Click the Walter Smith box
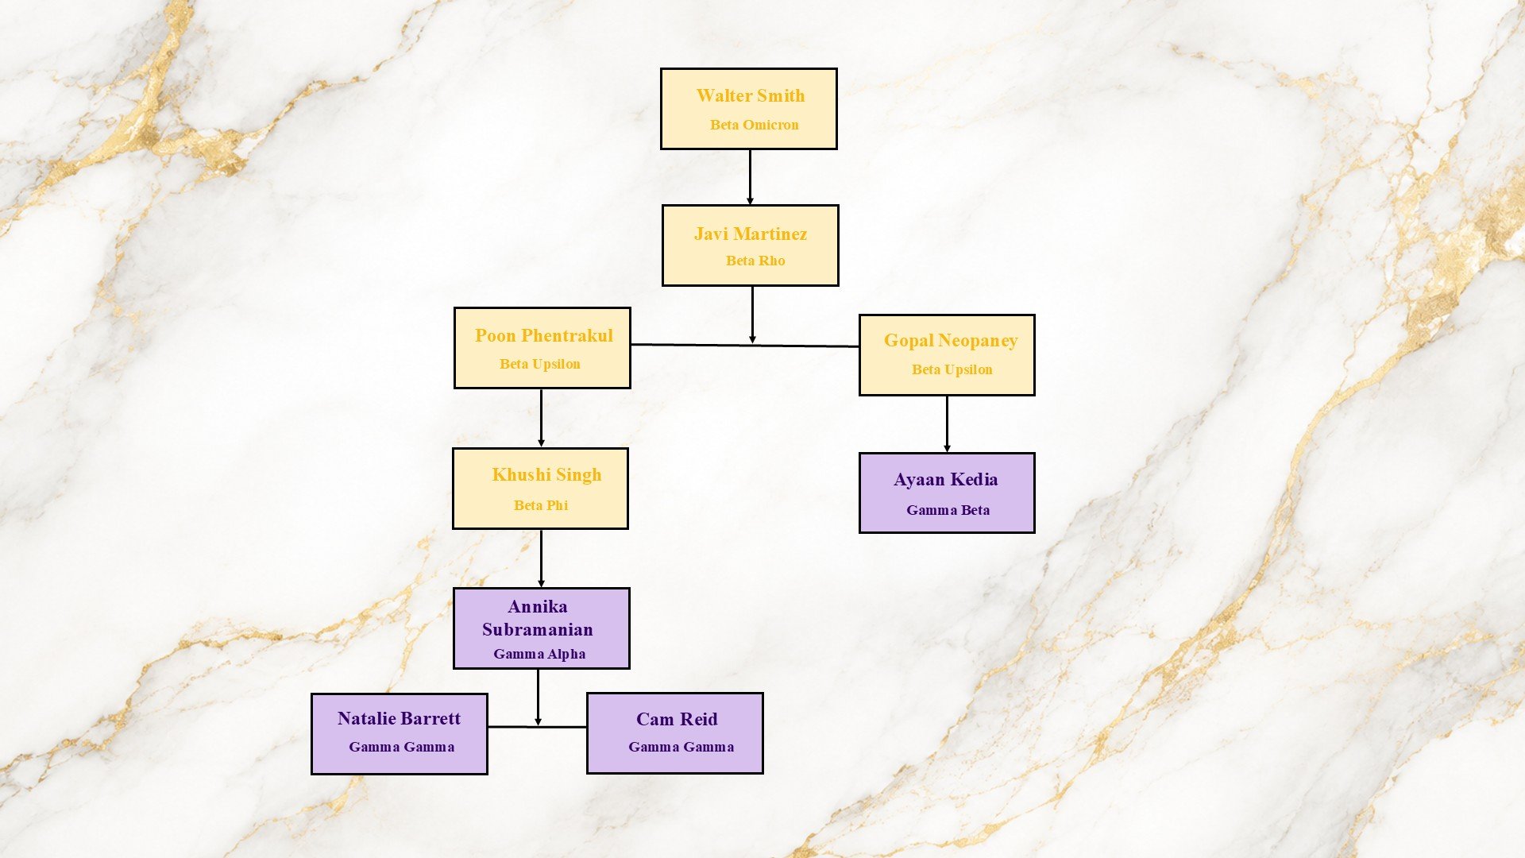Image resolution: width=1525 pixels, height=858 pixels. tap(749, 109)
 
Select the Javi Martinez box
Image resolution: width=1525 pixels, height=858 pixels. tap(751, 245)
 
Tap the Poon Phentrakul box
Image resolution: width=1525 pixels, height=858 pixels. tap(542, 348)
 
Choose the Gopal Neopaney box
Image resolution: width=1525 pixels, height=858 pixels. tap(947, 355)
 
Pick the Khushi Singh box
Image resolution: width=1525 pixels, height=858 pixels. tap(540, 489)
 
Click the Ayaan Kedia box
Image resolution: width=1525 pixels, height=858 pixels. tap(947, 493)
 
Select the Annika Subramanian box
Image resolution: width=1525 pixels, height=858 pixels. tap(542, 628)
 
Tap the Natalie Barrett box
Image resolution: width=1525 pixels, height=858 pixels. tap(400, 734)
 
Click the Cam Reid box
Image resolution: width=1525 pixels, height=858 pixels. tap(675, 733)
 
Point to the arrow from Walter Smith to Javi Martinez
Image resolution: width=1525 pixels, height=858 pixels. tap(750, 177)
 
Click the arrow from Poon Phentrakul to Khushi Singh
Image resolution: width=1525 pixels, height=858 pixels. tap(541, 418)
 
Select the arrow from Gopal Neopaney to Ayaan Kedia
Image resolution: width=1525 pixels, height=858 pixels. tap(947, 424)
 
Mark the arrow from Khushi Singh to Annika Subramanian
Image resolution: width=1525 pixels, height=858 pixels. tap(541, 558)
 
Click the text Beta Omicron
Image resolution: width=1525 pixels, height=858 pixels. tap(755, 125)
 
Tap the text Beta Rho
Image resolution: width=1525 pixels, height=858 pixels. tap(755, 261)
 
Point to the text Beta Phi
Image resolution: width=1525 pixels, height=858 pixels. tap(541, 505)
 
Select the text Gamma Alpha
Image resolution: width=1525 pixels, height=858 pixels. tap(539, 654)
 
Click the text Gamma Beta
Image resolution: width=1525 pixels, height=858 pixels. tap(948, 510)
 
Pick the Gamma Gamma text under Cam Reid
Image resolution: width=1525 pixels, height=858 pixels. tap(681, 747)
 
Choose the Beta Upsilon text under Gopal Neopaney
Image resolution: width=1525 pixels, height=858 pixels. tap(952, 369)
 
